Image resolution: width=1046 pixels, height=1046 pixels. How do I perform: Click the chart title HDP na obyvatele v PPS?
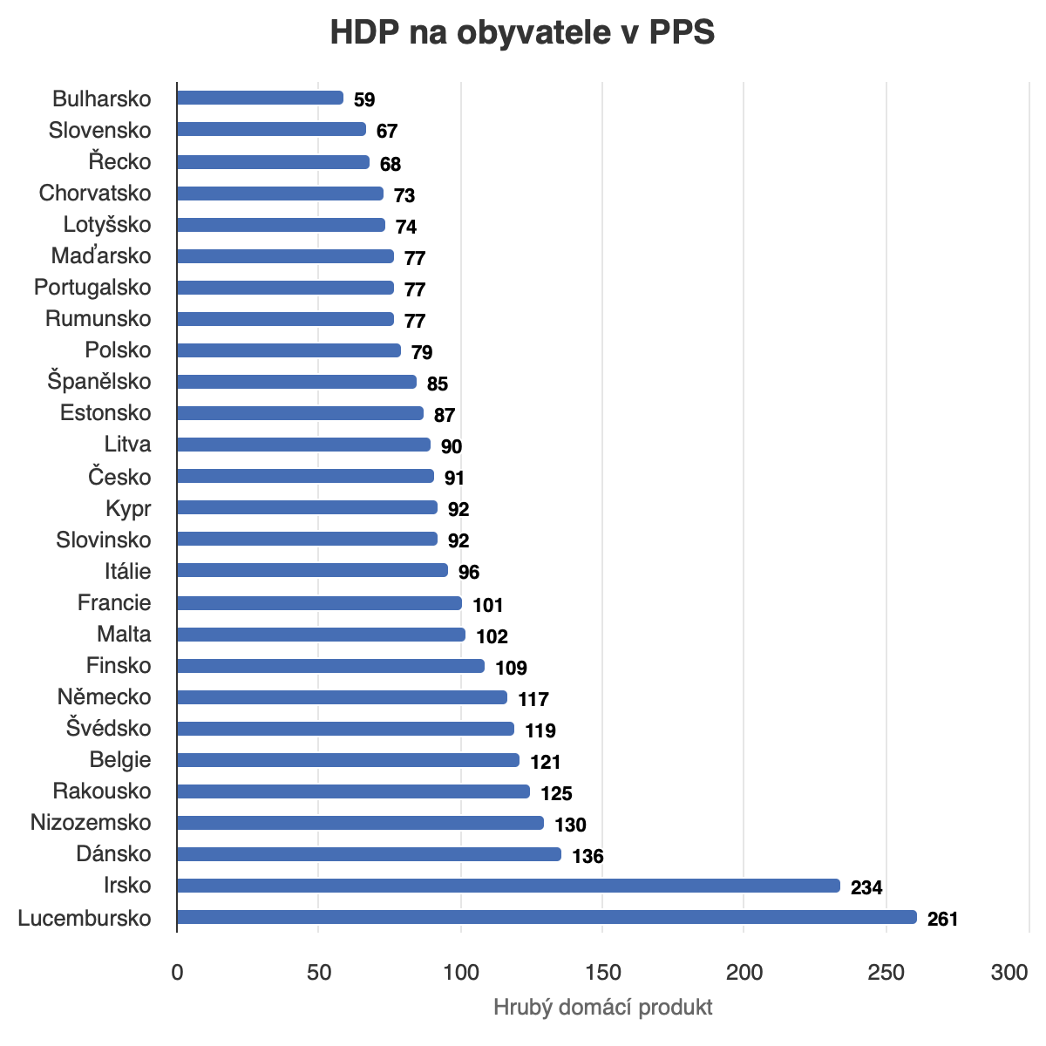click(x=522, y=33)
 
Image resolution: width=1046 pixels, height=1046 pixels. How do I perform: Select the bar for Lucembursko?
click(x=547, y=917)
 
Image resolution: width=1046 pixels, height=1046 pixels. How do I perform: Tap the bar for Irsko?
click(x=508, y=886)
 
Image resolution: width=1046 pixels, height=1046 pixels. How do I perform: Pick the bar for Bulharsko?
click(x=260, y=98)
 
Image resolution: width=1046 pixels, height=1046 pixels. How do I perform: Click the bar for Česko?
click(x=305, y=476)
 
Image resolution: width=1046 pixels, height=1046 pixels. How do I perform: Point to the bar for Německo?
click(x=342, y=697)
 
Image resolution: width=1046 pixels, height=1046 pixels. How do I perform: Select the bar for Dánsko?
click(x=369, y=854)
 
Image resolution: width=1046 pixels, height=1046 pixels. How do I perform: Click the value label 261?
click(x=942, y=919)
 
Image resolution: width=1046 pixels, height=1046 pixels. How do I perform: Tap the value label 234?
click(x=866, y=887)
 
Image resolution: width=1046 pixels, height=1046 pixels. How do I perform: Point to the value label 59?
click(x=364, y=99)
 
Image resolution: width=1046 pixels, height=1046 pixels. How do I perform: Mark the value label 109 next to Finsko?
click(x=511, y=668)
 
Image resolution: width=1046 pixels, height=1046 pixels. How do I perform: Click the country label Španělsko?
click(x=99, y=382)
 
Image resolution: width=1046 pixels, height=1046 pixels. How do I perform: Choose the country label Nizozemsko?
click(x=91, y=823)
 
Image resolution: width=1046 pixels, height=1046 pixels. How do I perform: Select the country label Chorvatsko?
click(x=95, y=194)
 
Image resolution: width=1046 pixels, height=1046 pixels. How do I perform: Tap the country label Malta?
click(x=124, y=635)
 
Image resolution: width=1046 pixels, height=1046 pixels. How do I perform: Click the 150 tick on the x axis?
click(x=602, y=973)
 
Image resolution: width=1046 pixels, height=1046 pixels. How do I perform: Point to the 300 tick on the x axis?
click(x=1009, y=973)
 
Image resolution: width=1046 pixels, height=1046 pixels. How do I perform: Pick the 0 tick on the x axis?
click(x=177, y=973)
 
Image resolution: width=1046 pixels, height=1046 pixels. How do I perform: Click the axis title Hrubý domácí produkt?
click(x=602, y=1008)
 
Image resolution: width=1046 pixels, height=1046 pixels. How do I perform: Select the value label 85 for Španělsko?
click(x=437, y=384)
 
